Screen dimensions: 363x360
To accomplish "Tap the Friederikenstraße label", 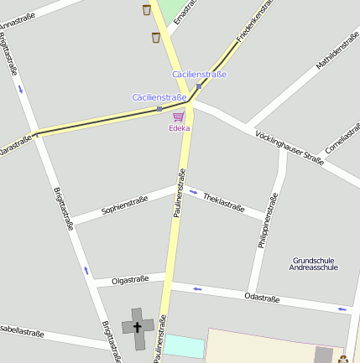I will tap(257, 21).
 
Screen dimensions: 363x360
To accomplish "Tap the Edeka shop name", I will tap(179, 128).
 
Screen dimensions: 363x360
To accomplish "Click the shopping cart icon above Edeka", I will tap(179, 117).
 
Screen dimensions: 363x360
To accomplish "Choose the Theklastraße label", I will tap(223, 202).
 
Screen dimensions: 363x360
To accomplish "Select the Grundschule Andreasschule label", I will tap(313, 263).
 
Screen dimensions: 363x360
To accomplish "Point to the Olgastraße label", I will tap(130, 279).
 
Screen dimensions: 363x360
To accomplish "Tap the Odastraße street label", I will tap(262, 297).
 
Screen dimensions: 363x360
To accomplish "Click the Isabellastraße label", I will tap(20, 331).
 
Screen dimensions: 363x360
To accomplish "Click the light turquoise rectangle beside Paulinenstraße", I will tap(184, 345).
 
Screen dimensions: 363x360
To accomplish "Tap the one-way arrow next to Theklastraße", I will tap(194, 192).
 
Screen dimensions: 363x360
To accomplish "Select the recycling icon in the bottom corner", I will tap(343, 359).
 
